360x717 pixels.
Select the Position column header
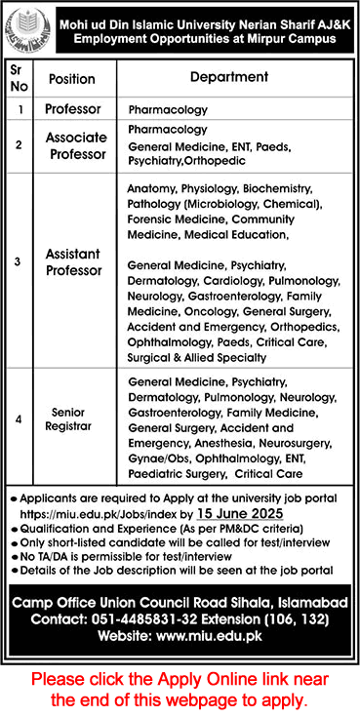pyautogui.click(x=71, y=78)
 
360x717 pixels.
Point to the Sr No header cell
pyautogui.click(x=19, y=79)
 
